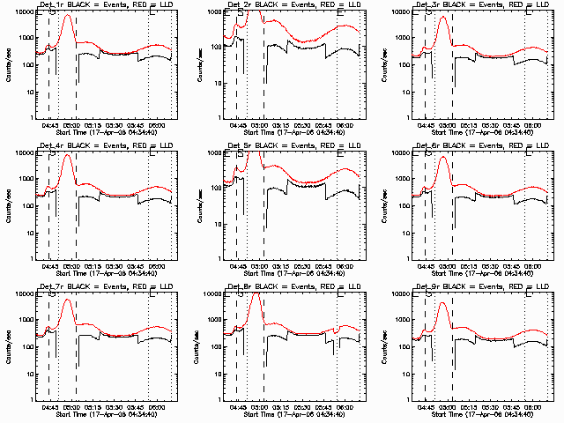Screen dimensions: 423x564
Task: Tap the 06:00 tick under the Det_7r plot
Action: [159, 410]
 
